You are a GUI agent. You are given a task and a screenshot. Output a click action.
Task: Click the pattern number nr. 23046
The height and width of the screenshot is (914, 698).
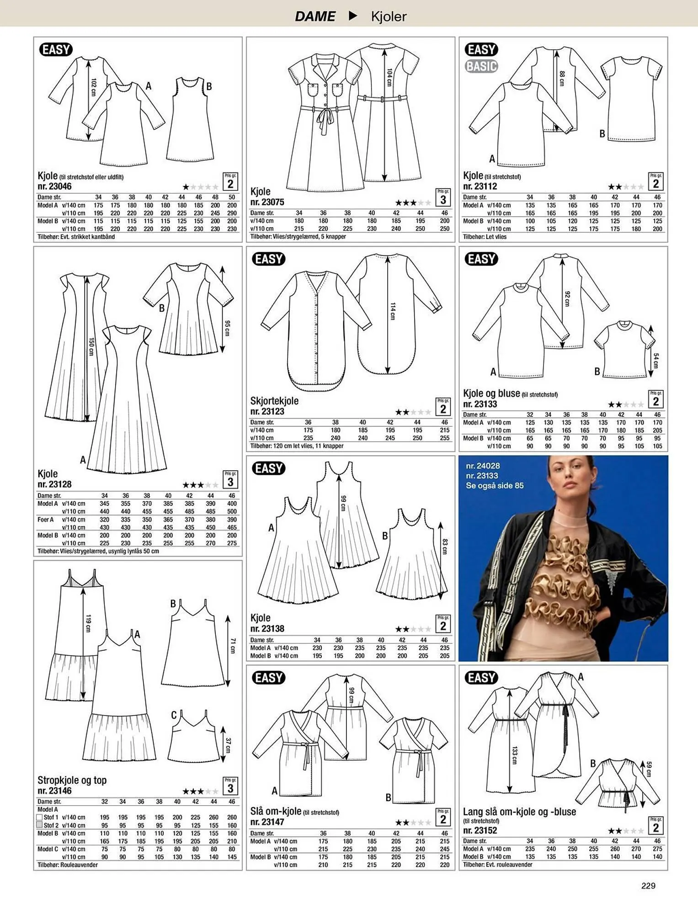pos(54,186)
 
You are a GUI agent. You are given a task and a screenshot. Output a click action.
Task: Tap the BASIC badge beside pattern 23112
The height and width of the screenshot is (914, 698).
pos(481,66)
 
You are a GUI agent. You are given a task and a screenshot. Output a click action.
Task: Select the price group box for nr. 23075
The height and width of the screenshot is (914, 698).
pos(443,197)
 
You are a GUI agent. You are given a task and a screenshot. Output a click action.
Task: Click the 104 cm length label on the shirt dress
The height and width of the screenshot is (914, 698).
pos(389,77)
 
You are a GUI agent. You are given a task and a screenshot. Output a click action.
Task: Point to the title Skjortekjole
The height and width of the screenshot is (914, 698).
pos(274,401)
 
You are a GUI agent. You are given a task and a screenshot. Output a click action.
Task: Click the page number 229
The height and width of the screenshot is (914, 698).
pos(648,886)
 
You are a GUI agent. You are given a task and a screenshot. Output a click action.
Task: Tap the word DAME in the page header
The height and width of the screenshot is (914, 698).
pos(315,16)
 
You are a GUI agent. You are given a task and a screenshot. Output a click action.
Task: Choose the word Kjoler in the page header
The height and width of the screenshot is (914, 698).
pos(389,16)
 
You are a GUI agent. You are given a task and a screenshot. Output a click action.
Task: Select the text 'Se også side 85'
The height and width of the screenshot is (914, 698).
pos(495,486)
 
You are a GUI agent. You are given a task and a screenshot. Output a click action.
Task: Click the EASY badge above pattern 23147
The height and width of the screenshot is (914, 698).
pos(269,678)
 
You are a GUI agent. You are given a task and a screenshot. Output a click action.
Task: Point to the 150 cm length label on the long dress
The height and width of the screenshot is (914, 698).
pos(91,347)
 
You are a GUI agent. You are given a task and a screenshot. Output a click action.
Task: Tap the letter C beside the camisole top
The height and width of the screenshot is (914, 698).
pos(174,715)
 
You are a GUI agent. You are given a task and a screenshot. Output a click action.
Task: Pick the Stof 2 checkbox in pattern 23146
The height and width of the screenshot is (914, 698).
pos(39,825)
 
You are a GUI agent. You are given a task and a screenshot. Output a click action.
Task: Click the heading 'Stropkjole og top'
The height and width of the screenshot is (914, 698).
pos(72,780)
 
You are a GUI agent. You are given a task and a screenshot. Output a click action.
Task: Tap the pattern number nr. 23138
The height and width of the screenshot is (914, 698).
pos(267,629)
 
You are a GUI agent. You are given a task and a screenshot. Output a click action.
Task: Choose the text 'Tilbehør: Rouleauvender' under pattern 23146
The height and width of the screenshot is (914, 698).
pos(68,865)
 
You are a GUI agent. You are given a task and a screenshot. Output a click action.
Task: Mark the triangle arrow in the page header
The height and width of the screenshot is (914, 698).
pos(352,16)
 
